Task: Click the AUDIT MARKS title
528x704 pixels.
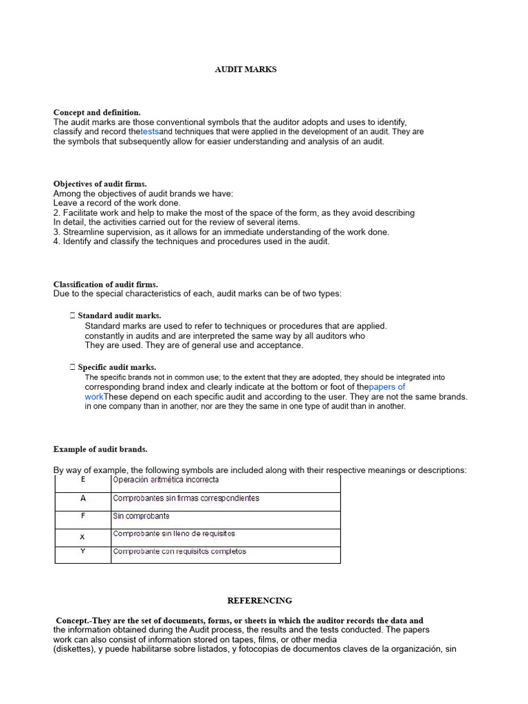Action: [x=245, y=69]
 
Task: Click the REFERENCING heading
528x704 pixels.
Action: [x=259, y=600]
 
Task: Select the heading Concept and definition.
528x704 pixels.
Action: [x=97, y=112]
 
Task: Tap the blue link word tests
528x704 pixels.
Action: [x=150, y=131]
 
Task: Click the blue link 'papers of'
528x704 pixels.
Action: [x=387, y=387]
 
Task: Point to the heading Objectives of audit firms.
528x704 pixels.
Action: [x=100, y=184]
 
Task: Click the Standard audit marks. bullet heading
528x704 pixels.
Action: [x=119, y=316]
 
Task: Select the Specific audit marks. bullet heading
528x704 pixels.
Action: [x=116, y=367]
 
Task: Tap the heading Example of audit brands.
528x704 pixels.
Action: [x=100, y=449]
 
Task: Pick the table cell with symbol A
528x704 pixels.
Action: [x=83, y=498]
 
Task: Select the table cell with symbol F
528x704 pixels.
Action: [x=83, y=516]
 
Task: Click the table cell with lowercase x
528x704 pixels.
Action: [x=83, y=536]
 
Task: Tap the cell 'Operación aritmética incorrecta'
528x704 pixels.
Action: [x=166, y=480]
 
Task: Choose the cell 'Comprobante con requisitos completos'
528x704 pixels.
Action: [x=179, y=551]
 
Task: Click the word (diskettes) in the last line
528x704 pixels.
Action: [x=75, y=649]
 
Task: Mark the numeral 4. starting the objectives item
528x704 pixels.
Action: [x=57, y=241]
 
